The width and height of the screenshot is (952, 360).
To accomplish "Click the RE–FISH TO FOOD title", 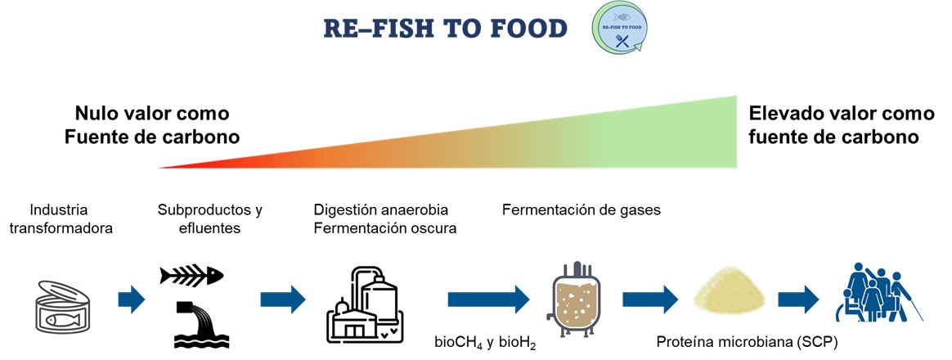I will pyautogui.click(x=445, y=29).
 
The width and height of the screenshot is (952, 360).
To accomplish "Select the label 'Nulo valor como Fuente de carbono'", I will pyautogui.click(x=152, y=124).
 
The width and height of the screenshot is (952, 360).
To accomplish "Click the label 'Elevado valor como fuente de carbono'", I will pyautogui.click(x=833, y=124).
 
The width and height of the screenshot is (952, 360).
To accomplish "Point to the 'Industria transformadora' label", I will pyautogui.click(x=61, y=218).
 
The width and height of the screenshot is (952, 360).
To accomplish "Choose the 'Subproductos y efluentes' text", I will pyautogui.click(x=209, y=218).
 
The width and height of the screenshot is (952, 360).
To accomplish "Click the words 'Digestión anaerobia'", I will pyautogui.click(x=381, y=209).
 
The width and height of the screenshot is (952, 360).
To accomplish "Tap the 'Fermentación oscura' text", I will pyautogui.click(x=384, y=228).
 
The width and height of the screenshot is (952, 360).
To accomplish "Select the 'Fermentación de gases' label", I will pyautogui.click(x=581, y=209).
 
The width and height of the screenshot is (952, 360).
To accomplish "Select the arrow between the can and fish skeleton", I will pyautogui.click(x=131, y=299).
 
